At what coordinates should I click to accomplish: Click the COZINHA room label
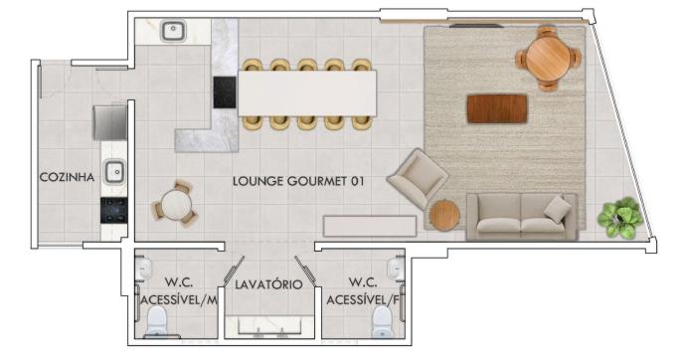click(x=67, y=177)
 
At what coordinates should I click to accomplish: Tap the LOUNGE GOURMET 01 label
click(x=298, y=181)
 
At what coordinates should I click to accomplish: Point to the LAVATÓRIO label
click(x=268, y=284)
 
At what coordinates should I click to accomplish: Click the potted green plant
click(x=620, y=218)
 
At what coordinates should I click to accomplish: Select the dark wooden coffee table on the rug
click(x=497, y=108)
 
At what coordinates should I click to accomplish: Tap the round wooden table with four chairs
click(x=548, y=58)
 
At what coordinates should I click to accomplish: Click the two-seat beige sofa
click(x=522, y=217)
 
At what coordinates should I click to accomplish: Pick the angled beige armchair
click(x=418, y=178)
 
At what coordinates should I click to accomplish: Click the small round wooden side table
click(x=444, y=216)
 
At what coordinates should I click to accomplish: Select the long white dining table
click(x=307, y=93)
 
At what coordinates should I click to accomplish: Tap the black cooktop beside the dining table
click(x=225, y=92)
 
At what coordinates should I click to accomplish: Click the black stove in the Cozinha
click(x=114, y=210)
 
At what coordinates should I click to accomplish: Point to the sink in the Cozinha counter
click(x=114, y=172)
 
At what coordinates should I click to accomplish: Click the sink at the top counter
click(x=174, y=31)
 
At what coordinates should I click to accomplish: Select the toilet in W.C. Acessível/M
click(x=156, y=320)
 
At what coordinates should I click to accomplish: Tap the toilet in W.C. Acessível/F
click(x=383, y=321)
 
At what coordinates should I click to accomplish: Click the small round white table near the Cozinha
click(x=176, y=205)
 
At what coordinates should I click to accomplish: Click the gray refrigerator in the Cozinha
click(x=109, y=122)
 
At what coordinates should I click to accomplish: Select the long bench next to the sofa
click(x=370, y=227)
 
